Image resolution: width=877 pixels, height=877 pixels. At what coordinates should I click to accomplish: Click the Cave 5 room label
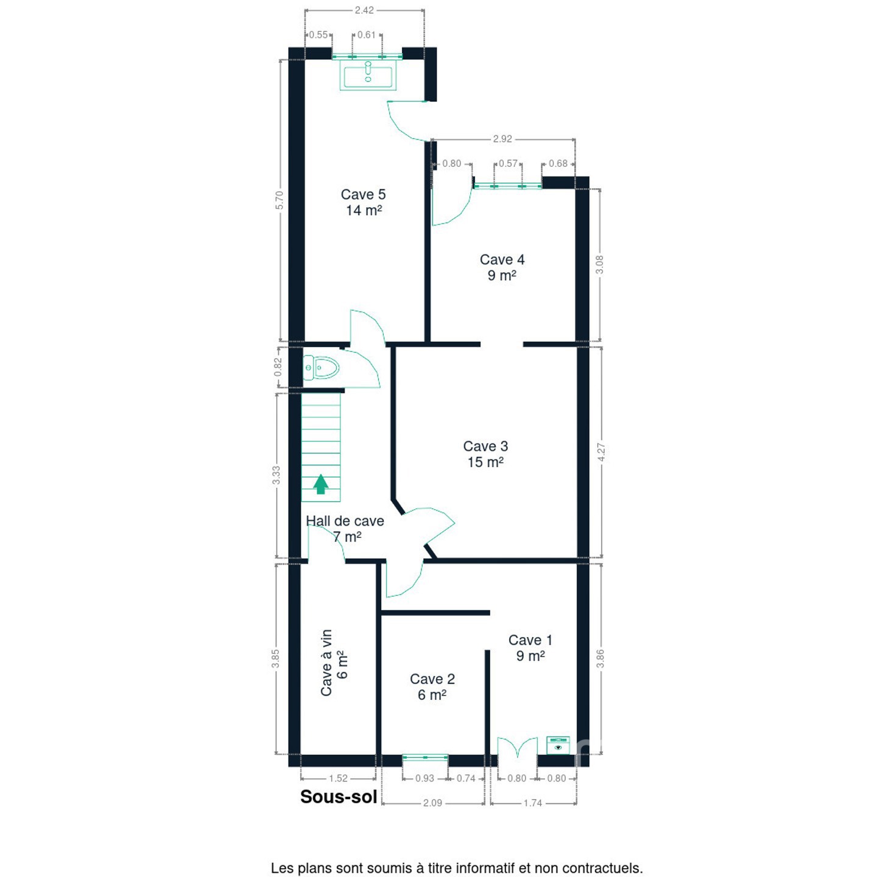(363, 202)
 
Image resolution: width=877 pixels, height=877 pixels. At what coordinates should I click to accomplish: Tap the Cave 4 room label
(502, 267)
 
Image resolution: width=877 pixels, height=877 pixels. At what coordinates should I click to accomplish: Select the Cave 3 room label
(485, 454)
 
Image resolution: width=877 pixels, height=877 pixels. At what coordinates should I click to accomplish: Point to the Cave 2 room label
(432, 687)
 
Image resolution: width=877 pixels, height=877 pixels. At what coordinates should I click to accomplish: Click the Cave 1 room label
(530, 647)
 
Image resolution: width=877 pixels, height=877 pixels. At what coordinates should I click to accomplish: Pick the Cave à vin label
(334, 663)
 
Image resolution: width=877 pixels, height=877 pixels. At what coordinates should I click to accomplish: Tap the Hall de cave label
(345, 529)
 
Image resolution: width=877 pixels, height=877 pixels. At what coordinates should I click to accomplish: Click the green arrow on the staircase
(321, 484)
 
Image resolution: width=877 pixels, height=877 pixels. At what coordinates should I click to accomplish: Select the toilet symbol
(322, 367)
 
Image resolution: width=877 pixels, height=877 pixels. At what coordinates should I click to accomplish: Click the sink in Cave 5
(368, 76)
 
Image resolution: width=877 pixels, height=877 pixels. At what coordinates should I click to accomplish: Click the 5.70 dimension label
(280, 200)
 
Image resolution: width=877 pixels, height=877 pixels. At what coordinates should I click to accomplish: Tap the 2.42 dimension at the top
(364, 10)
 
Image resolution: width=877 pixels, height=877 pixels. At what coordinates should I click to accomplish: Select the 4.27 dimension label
(601, 452)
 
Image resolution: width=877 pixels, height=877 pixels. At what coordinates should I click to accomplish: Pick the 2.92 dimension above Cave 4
(502, 139)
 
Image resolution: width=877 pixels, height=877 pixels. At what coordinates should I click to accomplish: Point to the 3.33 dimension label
(276, 475)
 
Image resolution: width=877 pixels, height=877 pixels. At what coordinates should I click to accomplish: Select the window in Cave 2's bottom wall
(425, 757)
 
